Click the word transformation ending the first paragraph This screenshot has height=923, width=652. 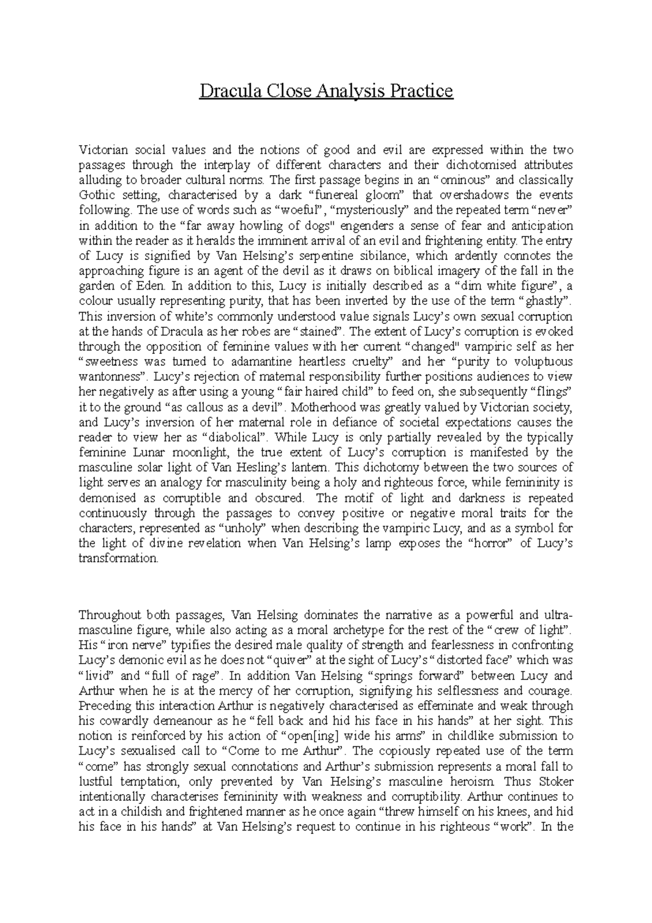point(118,558)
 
